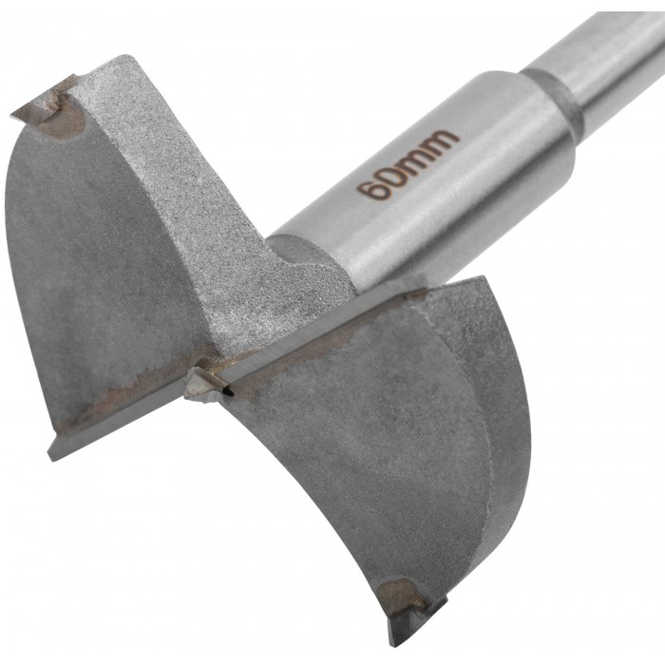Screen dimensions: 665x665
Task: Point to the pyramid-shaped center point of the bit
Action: coord(200,384)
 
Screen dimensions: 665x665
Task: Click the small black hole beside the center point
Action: coord(229,391)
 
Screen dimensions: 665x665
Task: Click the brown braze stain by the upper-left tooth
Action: coord(64,118)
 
